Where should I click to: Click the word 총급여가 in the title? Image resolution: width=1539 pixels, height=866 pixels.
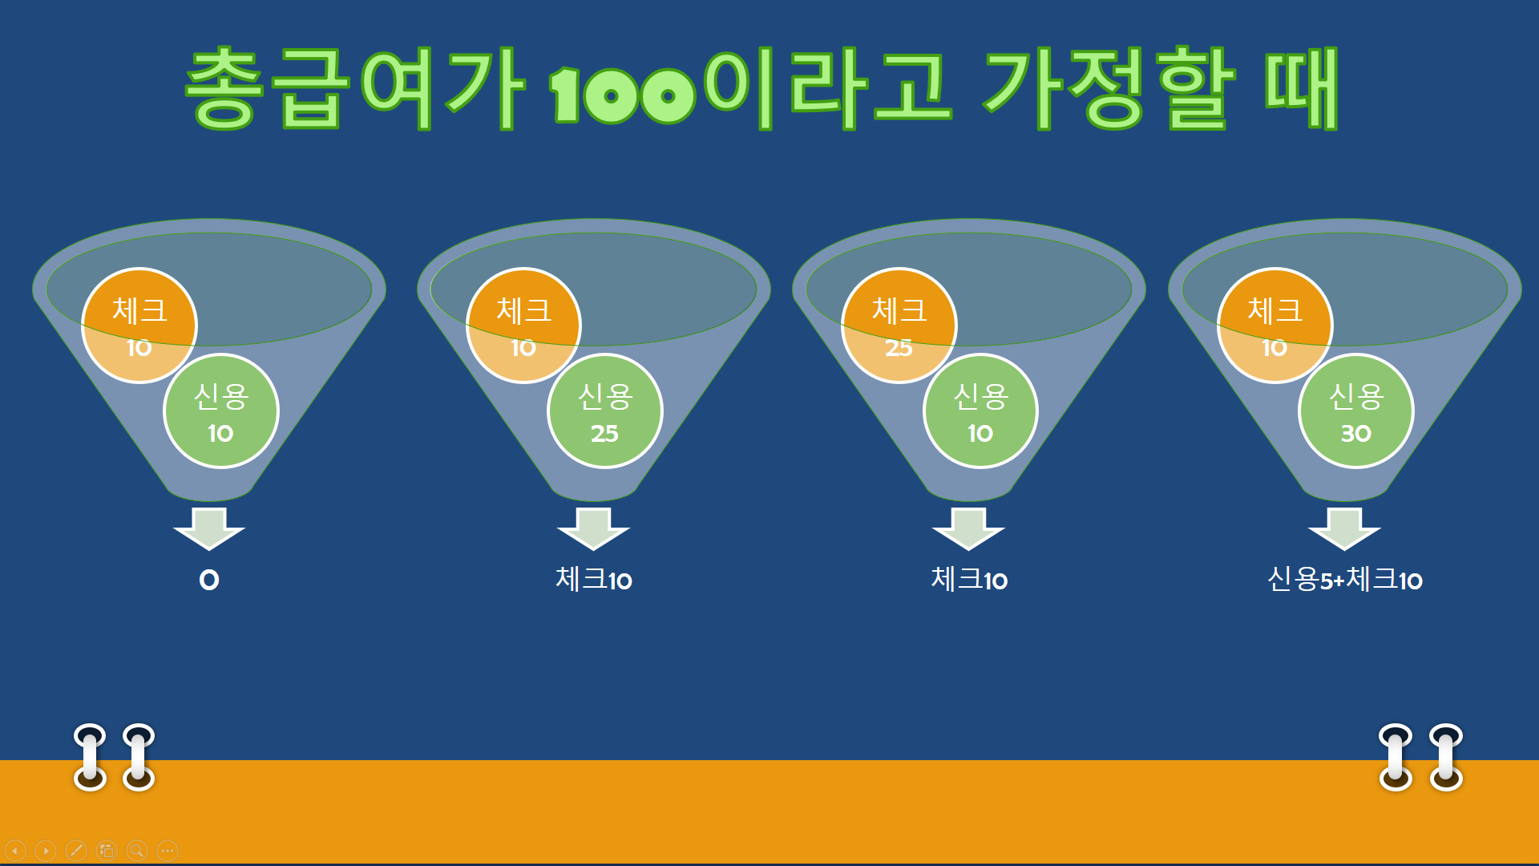[x=355, y=88]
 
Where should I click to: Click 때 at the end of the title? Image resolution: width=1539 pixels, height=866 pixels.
[x=1302, y=88]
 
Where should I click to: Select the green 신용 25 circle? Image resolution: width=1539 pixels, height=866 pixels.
[x=605, y=411]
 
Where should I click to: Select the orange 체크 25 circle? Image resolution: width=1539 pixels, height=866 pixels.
[x=899, y=326]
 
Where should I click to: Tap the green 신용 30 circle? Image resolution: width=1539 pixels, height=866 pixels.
[x=1356, y=411]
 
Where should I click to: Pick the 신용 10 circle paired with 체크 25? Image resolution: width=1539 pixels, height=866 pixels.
[x=980, y=411]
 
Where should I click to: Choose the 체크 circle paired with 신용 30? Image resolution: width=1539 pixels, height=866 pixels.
[x=1274, y=326]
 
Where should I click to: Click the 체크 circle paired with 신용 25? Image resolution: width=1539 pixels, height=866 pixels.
[x=523, y=326]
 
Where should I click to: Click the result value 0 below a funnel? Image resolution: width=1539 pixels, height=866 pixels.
[x=209, y=580]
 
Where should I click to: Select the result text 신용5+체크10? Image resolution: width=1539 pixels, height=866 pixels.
[x=1345, y=579]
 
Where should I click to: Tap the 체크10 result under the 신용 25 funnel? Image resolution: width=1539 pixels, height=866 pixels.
[x=594, y=579]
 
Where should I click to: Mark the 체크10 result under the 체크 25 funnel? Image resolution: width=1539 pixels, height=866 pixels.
[x=969, y=579]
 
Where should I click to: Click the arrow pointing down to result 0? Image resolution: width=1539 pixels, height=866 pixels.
[x=209, y=528]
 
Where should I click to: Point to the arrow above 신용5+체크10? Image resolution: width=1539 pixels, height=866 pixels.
[x=1344, y=528]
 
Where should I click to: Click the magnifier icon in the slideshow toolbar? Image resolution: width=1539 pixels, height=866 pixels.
[x=137, y=850]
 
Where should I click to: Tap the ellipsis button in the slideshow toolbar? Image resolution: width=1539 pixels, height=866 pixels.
[x=168, y=850]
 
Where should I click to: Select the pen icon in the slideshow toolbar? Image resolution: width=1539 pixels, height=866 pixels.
[x=76, y=850]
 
